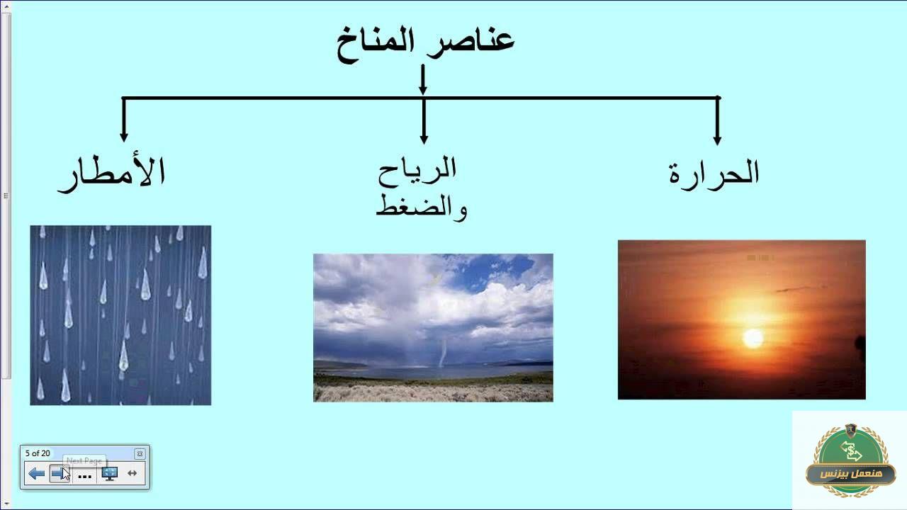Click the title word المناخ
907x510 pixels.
click(376, 44)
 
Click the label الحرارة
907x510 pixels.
click(714, 174)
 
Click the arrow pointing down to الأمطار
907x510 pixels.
click(124, 120)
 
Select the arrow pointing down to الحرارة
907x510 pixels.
click(717, 120)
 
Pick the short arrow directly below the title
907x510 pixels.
click(423, 79)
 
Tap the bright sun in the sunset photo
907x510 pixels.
click(753, 339)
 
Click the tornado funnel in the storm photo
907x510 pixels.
click(443, 353)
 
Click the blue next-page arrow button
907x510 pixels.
click(60, 473)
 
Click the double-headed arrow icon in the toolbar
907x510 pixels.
click(132, 473)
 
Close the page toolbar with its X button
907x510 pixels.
click(140, 454)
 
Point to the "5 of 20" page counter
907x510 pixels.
click(38, 453)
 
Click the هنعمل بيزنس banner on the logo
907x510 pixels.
click(850, 475)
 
